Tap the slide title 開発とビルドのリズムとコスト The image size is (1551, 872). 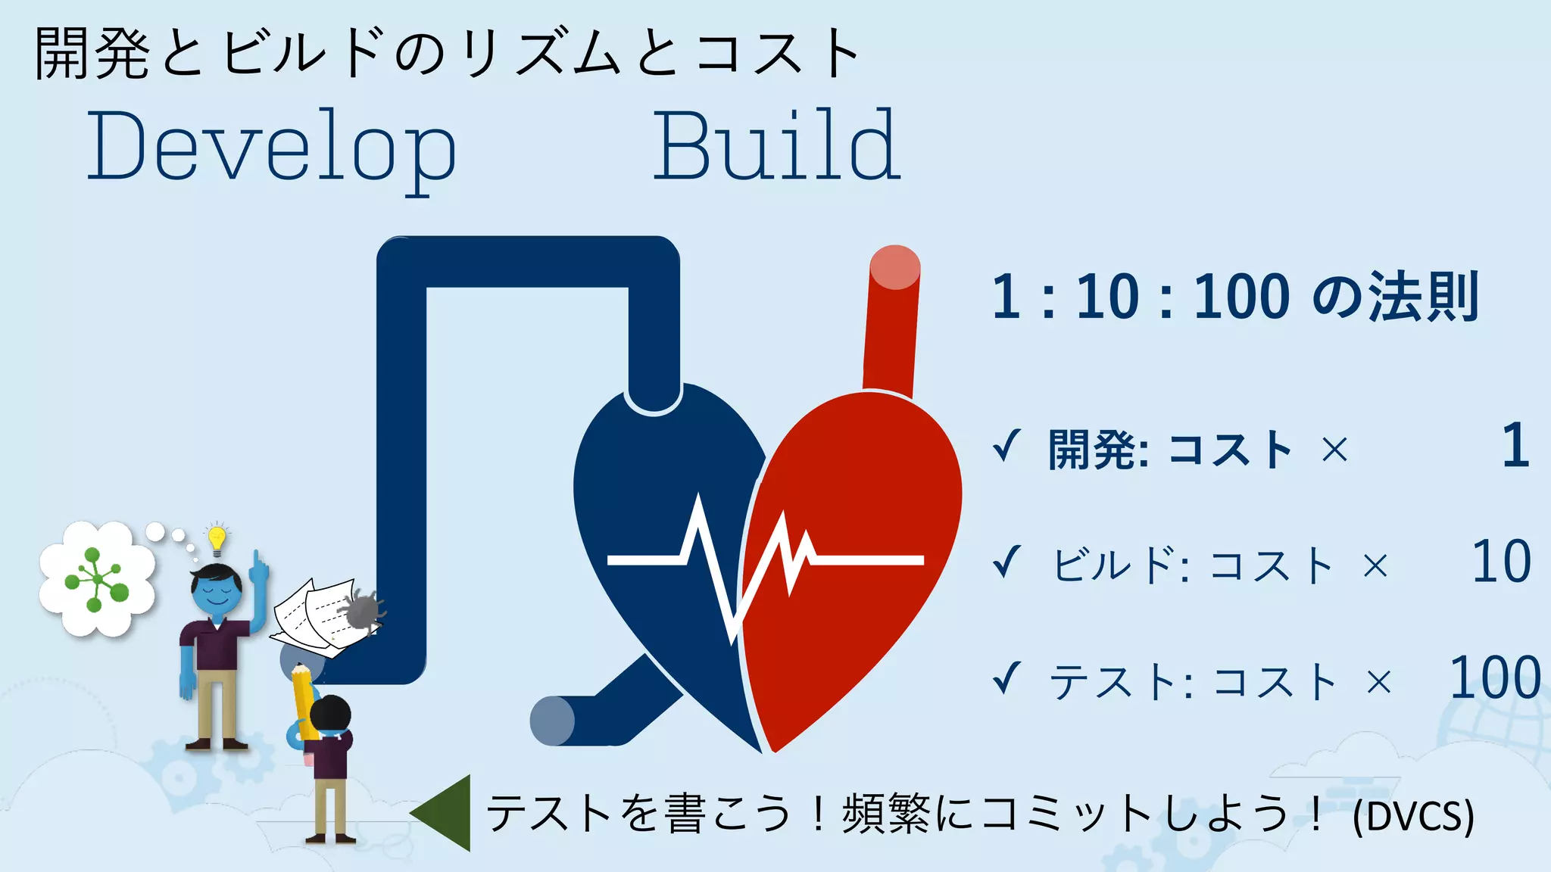click(x=447, y=53)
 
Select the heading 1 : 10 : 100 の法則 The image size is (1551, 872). click(x=1234, y=297)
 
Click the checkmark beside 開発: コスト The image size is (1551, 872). click(x=1007, y=446)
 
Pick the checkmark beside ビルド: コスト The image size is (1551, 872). click(x=1007, y=562)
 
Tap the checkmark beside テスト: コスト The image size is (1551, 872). click(x=1007, y=677)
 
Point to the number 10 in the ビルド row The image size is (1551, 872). click(x=1501, y=562)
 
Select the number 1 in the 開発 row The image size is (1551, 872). click(x=1515, y=446)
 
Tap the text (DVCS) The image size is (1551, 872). click(x=1413, y=816)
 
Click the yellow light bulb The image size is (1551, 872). click(x=217, y=538)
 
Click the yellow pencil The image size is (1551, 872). click(x=304, y=700)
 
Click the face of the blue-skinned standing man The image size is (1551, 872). click(x=217, y=590)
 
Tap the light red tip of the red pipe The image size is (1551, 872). click(x=895, y=267)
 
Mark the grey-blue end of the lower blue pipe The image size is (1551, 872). click(x=551, y=721)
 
